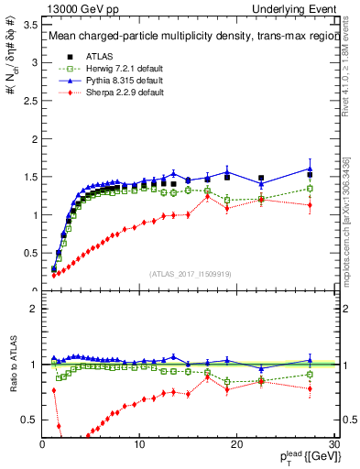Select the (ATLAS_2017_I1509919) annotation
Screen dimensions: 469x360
[x=190, y=272]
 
